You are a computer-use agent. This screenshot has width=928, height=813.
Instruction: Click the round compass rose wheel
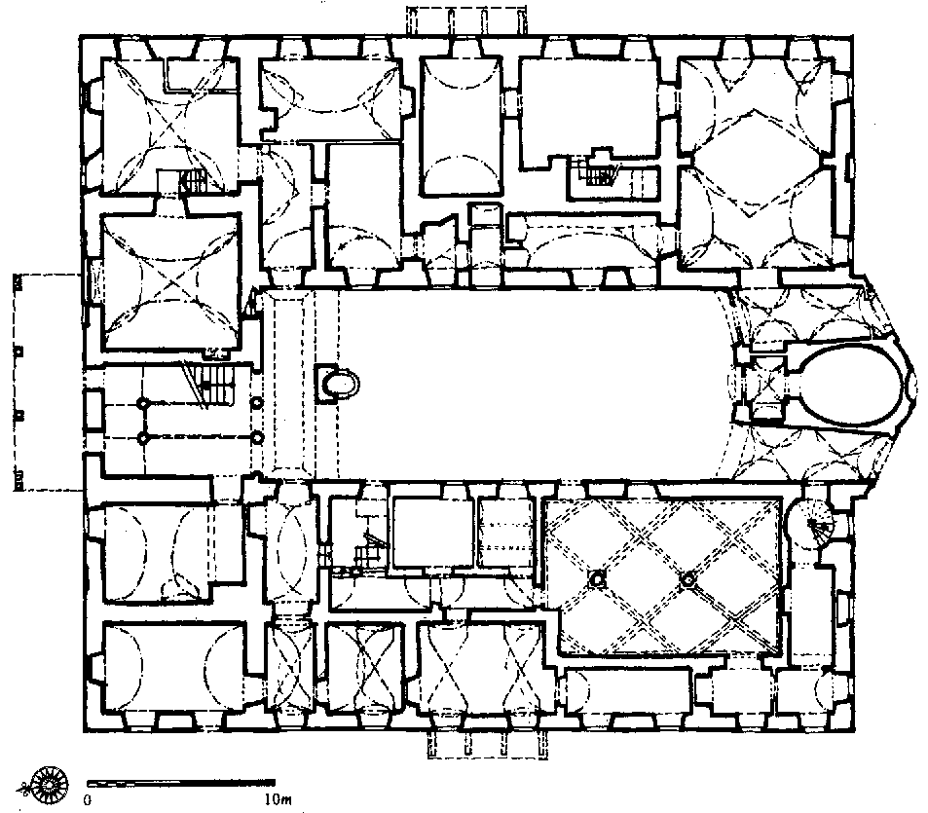click(x=51, y=785)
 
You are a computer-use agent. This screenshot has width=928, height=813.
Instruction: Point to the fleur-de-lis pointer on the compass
click(x=24, y=788)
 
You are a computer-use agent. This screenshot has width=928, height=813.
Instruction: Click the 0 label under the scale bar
click(x=88, y=800)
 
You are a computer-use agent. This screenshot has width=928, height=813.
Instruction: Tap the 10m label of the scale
click(x=278, y=799)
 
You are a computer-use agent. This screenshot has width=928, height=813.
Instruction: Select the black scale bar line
click(x=180, y=784)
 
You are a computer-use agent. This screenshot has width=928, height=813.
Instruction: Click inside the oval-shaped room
click(x=845, y=386)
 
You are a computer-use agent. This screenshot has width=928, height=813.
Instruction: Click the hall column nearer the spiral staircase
click(x=687, y=580)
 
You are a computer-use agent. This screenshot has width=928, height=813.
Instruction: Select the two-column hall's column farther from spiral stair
click(x=597, y=579)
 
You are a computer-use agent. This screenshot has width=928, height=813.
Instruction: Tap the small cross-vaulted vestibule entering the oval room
click(x=766, y=386)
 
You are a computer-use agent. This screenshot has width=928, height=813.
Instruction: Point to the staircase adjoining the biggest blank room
click(x=598, y=171)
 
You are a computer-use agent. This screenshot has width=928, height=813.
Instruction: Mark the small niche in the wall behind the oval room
click(x=910, y=388)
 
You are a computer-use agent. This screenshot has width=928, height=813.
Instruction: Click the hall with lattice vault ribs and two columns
click(x=663, y=577)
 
